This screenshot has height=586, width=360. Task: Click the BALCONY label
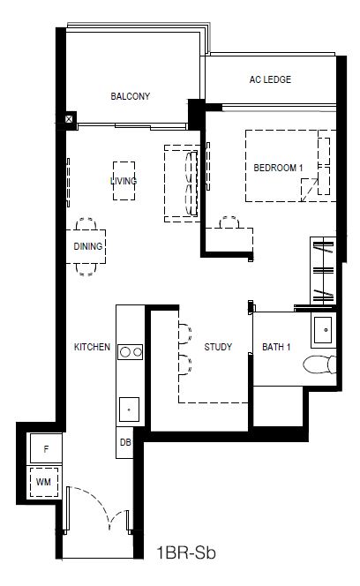point(130,96)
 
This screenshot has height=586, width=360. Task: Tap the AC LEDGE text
point(270,79)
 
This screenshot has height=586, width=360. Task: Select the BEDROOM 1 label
point(278,168)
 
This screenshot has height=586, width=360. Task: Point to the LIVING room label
point(124,181)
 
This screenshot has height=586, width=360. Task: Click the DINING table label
point(88,246)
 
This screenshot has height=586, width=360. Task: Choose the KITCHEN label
point(92,347)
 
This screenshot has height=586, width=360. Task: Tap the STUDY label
point(218,347)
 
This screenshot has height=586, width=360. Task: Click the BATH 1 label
point(276,347)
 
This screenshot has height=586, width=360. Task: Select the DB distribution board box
point(124,442)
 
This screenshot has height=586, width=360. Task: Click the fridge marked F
point(46,449)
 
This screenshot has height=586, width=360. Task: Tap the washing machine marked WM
point(44,482)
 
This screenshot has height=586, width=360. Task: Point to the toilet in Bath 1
point(319,364)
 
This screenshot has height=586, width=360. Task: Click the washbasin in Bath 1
point(323,330)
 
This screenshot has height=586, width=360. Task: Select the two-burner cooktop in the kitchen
point(130,351)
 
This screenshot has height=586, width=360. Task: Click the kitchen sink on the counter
point(130,409)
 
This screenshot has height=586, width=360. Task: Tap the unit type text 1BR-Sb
point(186,552)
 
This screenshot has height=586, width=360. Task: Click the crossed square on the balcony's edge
point(69,119)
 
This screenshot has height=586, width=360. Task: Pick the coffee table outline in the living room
point(124,181)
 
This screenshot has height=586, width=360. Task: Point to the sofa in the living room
point(182,184)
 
